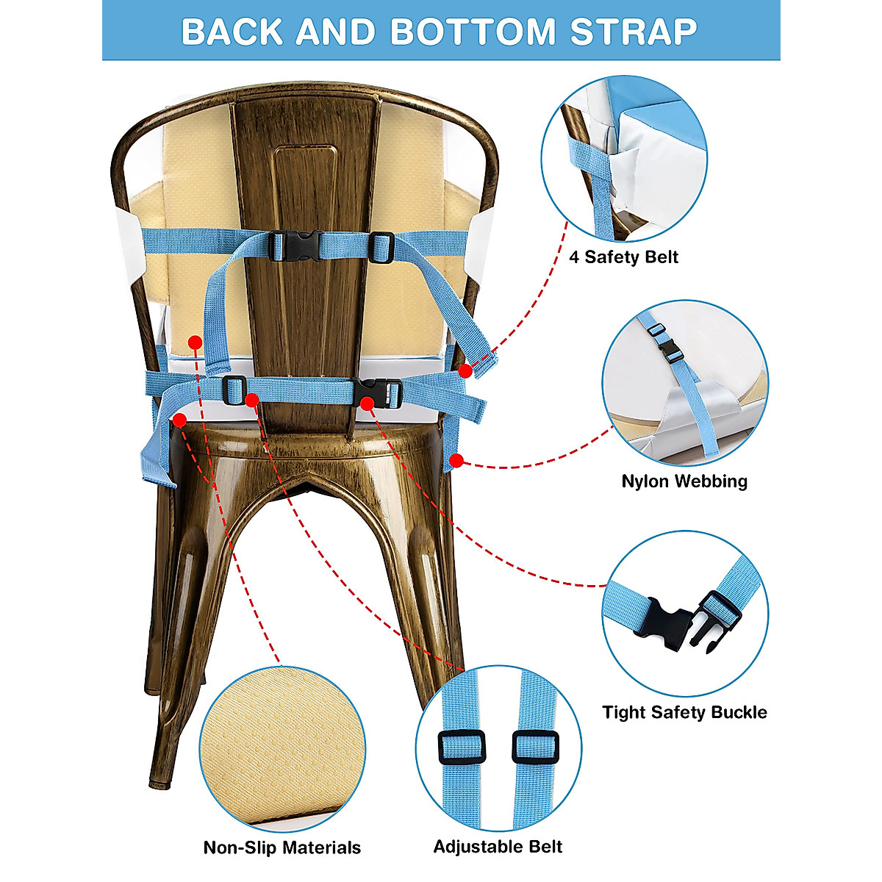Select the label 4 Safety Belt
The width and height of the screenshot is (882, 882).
click(x=623, y=257)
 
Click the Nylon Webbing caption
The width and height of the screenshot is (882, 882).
click(x=684, y=481)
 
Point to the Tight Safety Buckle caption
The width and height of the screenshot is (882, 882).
click(x=684, y=712)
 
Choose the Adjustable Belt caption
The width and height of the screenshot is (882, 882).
click(x=498, y=847)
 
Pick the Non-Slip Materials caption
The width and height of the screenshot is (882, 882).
click(x=282, y=847)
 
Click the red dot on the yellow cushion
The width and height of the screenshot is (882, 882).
click(x=195, y=342)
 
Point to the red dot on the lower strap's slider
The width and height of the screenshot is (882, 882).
click(x=252, y=399)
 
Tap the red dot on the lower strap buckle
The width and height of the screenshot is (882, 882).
click(x=366, y=401)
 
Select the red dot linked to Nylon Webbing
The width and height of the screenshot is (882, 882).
click(x=456, y=461)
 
